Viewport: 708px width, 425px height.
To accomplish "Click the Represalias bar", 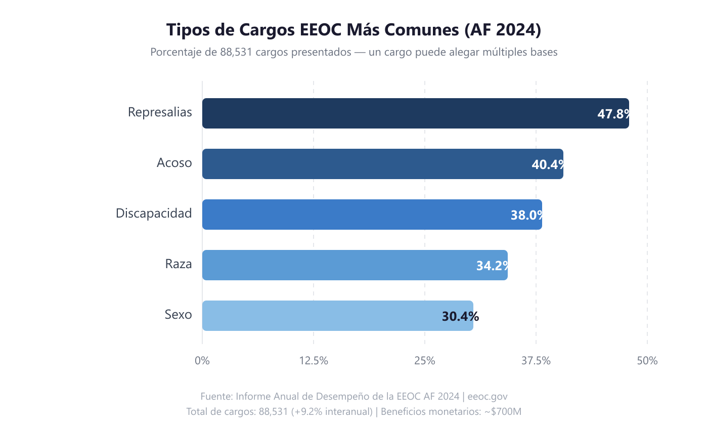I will coord(394,113).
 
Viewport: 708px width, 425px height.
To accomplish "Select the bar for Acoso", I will coord(364,164).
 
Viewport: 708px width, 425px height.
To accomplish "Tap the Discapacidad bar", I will coord(354,215).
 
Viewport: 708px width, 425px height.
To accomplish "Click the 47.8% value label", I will coord(613,114).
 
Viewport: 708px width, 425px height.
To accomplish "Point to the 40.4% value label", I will coord(548,164).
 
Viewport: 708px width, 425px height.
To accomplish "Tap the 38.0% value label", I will coord(526,215).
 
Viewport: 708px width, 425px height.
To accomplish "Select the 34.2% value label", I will coord(492,266).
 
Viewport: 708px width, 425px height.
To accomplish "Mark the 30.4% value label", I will coord(460,317).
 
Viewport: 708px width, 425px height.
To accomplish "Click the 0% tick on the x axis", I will coord(202,361).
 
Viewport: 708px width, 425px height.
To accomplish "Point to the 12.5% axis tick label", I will coord(314,361).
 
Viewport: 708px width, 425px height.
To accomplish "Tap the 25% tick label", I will coord(425,361).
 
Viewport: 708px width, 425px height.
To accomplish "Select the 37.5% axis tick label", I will coord(536,361).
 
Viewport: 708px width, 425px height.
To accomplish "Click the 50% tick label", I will coord(647,361).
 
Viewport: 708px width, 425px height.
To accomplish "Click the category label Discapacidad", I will coord(154,214).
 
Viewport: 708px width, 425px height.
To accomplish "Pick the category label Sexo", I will coord(178,315).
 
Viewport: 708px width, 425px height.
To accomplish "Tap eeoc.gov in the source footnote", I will coord(488,396).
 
